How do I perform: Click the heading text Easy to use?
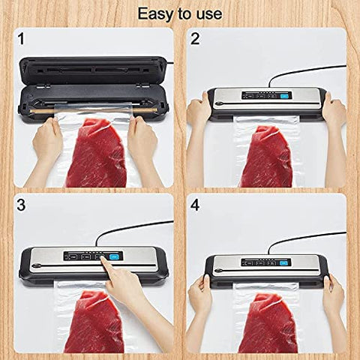179,13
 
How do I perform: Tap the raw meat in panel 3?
94,322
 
